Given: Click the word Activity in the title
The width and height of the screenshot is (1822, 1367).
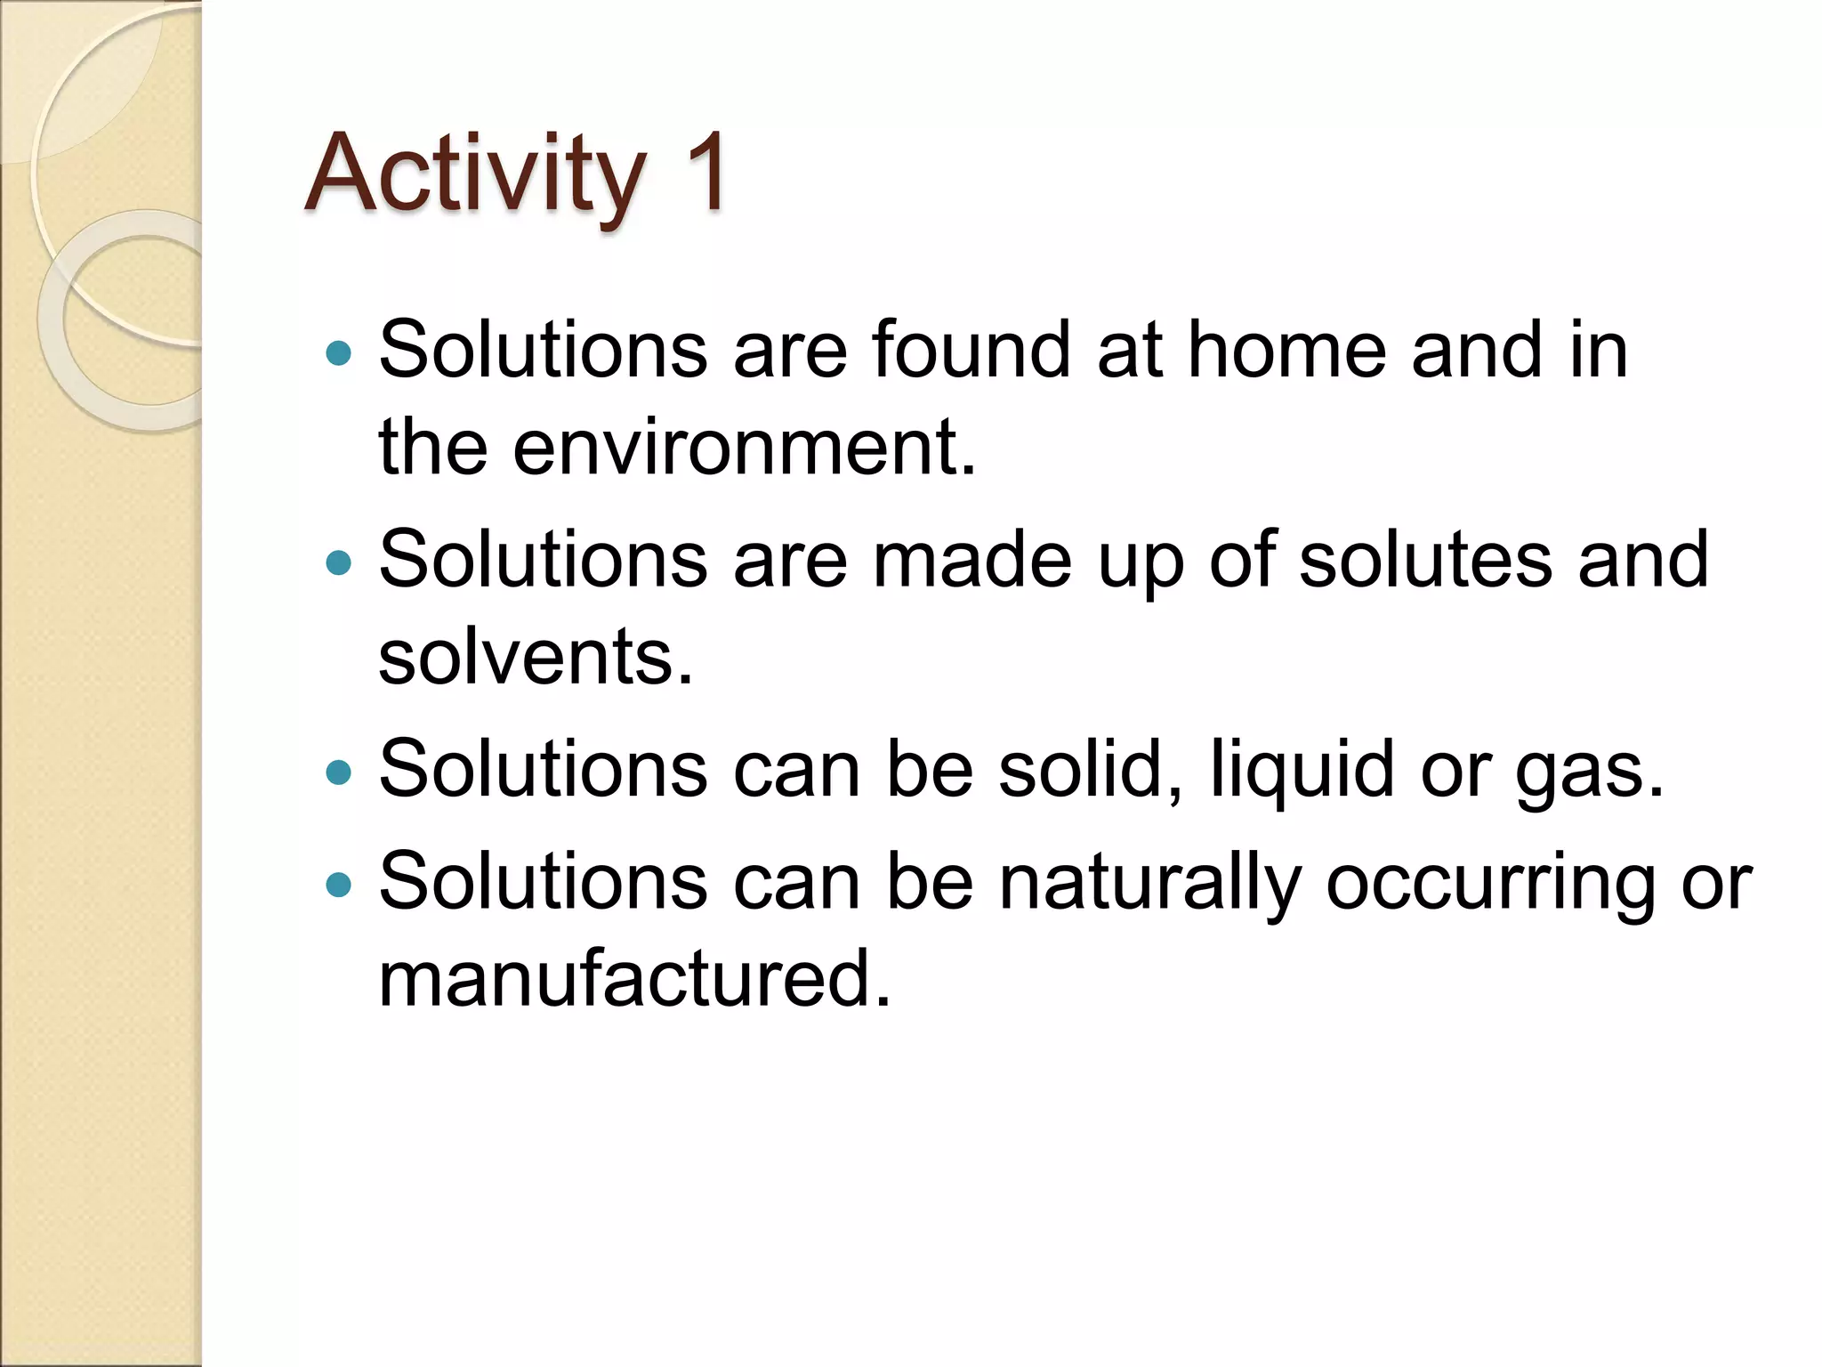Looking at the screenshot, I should [475, 174].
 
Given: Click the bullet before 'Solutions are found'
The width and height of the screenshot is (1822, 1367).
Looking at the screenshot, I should [339, 353].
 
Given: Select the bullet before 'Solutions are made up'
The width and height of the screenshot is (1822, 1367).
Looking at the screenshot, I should [339, 562].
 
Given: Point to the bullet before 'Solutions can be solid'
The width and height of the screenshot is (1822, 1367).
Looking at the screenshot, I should [339, 772].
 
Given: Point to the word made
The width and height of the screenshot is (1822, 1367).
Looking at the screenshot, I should [971, 560].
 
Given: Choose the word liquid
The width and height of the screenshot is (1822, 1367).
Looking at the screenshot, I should [1302, 771].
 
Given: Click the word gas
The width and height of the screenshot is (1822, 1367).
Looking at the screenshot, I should [1588, 771].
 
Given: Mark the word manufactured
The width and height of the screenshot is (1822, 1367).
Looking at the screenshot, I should [633, 978].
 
